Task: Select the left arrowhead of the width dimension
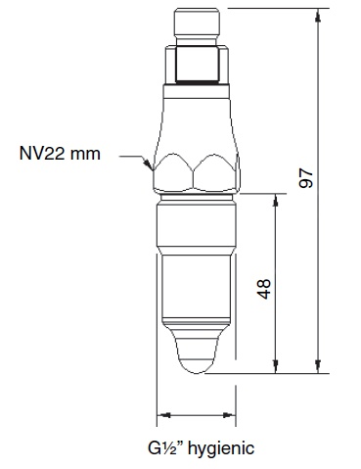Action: (162, 414)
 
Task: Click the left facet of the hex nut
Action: (172, 172)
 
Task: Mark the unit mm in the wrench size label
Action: (86, 153)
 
